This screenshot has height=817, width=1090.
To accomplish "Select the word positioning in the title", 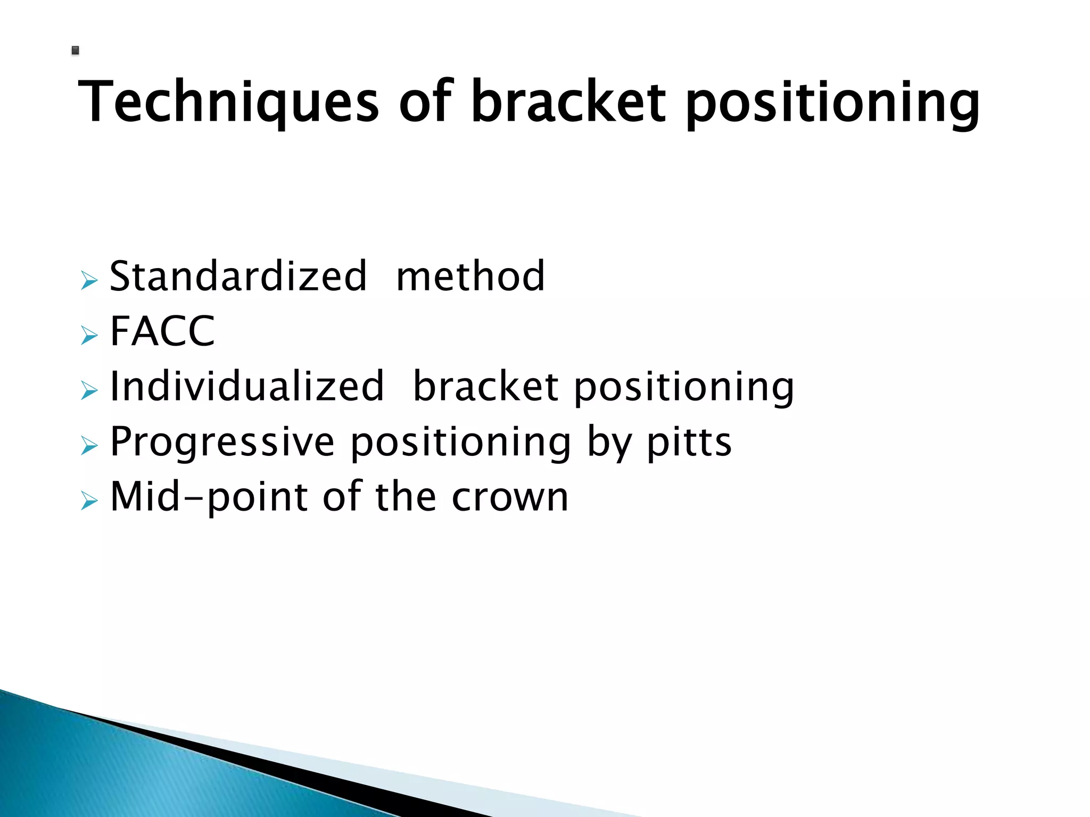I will pos(832,104).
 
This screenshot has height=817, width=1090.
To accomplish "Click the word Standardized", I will pos(238,277).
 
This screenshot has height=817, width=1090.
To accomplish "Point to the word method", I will pos(470,277).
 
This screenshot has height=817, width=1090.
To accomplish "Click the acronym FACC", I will pos(162,331).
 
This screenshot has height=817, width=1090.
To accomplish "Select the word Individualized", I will pos(246,386).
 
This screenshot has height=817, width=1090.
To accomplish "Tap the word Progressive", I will pos(222,442).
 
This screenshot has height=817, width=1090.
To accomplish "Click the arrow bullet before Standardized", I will pos(89,280).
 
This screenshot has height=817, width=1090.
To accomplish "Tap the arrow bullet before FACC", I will pos(89,335).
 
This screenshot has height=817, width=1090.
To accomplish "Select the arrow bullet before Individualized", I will pos(89,390).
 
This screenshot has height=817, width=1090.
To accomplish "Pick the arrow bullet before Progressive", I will pos(89,446).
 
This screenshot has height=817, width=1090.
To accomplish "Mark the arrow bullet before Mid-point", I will pos(89,501).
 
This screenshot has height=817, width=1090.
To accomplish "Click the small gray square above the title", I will pos(75,51).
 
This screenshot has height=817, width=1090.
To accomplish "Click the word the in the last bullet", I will pos(406,497).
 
